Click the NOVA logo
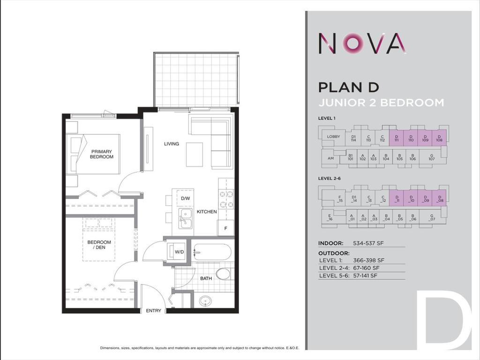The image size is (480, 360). tap(362, 43)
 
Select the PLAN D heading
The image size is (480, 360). tap(348, 87)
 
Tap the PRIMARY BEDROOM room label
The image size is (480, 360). tap(102, 154)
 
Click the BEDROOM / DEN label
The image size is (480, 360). tap(99, 245)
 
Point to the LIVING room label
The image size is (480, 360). tap(171, 144)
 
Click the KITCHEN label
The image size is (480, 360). tap(206, 212)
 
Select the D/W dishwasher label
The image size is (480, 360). tap(185, 198)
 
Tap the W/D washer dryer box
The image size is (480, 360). tap(179, 252)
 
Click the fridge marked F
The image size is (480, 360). tap(226, 228)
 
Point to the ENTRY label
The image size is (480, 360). tap(153, 311)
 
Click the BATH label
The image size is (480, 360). tap(206, 278)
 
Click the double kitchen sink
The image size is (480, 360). tap(186, 217)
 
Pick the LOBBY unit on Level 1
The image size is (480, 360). tap(333, 137)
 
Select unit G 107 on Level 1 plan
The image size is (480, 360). tap(431, 158)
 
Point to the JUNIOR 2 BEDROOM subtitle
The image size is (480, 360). tap(381, 103)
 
